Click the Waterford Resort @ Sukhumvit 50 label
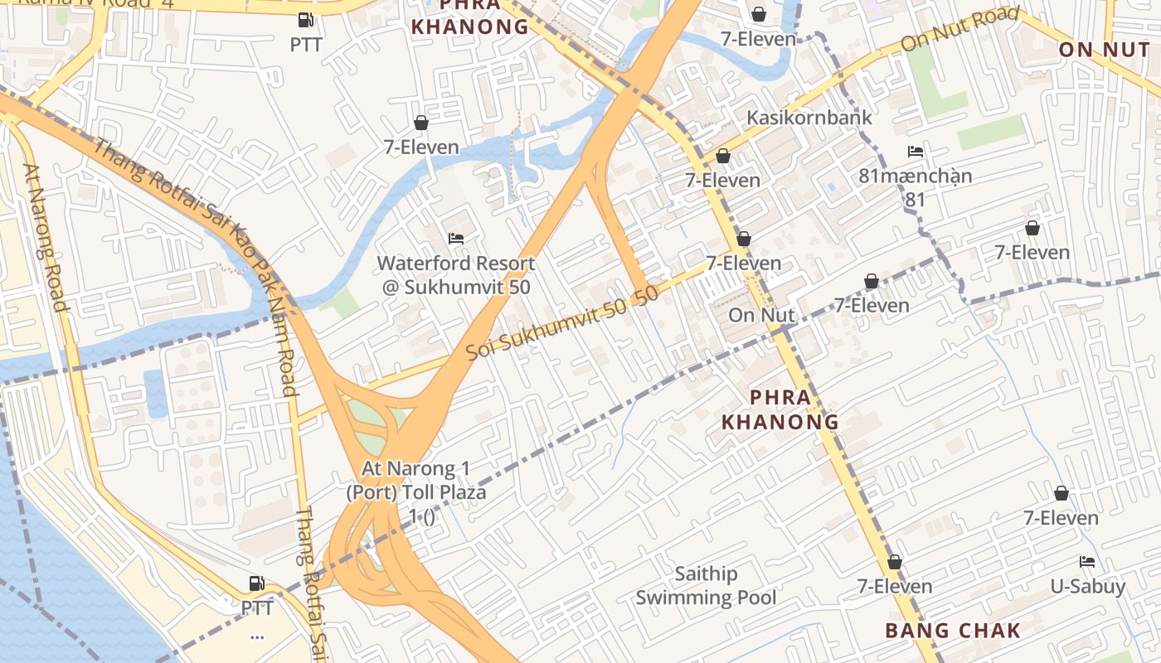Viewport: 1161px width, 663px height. [455, 275]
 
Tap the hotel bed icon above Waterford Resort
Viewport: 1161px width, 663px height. [455, 239]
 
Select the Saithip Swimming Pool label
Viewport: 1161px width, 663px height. [706, 586]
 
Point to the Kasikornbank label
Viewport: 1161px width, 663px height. [809, 117]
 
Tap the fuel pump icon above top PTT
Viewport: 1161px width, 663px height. [306, 20]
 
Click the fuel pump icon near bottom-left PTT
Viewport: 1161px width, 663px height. [257, 583]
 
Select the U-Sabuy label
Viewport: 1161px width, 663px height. [1087, 587]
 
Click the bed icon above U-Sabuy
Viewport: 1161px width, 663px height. [1087, 562]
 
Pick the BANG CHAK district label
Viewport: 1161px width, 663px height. [953, 630]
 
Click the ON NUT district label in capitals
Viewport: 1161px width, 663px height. [1104, 50]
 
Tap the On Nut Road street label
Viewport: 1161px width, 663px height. [959, 29]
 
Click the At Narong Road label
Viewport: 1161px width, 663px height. [46, 237]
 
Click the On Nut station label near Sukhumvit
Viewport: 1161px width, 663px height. [761, 315]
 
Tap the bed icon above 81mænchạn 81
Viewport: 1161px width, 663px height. [916, 152]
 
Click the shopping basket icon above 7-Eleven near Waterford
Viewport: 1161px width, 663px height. [421, 123]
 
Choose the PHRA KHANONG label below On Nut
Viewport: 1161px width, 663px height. [780, 409]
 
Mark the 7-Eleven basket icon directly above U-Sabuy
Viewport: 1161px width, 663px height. [1061, 494]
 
